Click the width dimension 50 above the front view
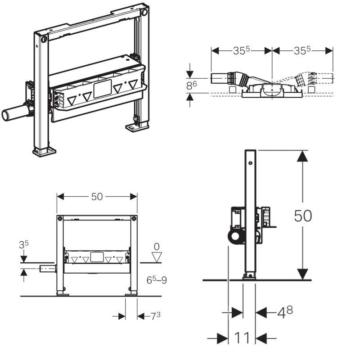coord(97,197)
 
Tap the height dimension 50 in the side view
coord(303,216)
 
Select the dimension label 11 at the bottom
coord(242,338)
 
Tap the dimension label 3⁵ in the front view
coord(23,246)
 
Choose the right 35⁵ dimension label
coord(302,51)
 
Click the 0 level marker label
coord(157,247)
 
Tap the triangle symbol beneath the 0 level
coord(157,257)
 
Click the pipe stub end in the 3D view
coord(8,115)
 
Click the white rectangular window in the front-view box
coord(96,257)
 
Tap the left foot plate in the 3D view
coord(44,151)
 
